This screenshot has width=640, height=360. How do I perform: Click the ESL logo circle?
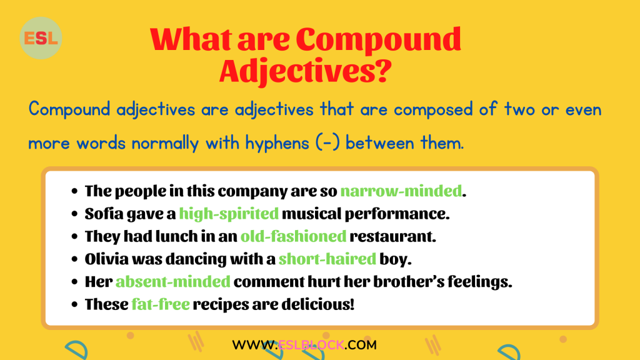coord(41,38)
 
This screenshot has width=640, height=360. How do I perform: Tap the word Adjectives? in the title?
coord(306,71)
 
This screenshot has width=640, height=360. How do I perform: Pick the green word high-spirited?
coord(229,214)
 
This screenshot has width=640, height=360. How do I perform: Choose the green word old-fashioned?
coord(293,237)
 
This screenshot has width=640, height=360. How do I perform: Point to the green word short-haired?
coord(327,259)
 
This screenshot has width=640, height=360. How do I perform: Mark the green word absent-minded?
coord(173,282)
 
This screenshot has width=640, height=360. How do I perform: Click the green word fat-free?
coord(161,304)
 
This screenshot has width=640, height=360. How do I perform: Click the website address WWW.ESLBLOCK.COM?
coord(304,344)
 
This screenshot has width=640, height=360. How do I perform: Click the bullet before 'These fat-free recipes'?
coord(75,305)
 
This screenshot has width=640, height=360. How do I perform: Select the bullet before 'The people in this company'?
coord(75,192)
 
